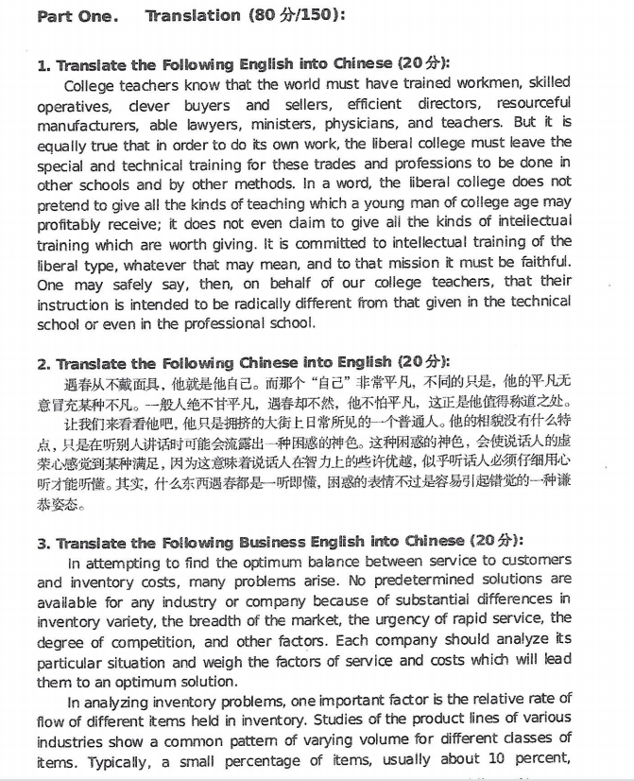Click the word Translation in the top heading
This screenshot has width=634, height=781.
pyautogui.click(x=193, y=15)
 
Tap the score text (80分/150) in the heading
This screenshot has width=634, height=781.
pyautogui.click(x=293, y=15)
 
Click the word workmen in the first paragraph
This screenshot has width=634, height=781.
pyautogui.click(x=454, y=83)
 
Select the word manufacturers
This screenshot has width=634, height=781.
pyautogui.click(x=93, y=124)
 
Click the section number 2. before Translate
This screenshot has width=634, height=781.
pyautogui.click(x=43, y=363)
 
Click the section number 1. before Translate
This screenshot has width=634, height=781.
pyautogui.click(x=43, y=65)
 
